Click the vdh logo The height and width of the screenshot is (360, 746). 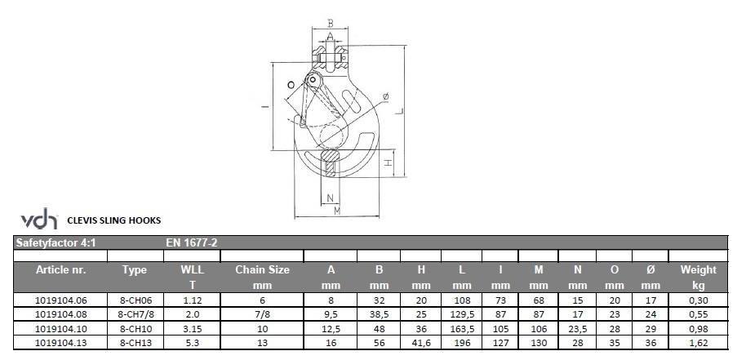click(39, 219)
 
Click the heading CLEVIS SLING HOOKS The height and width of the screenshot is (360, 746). click(114, 220)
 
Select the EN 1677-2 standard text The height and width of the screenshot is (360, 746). click(192, 242)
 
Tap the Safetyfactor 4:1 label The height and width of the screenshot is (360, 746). click(56, 242)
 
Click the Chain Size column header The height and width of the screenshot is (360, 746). click(262, 270)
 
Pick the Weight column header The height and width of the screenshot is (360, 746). click(698, 270)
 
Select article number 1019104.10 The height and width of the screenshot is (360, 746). click(61, 329)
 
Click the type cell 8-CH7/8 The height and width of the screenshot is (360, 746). click(135, 314)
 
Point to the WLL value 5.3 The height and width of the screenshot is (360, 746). click(192, 342)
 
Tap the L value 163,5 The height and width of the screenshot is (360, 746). click(462, 329)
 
